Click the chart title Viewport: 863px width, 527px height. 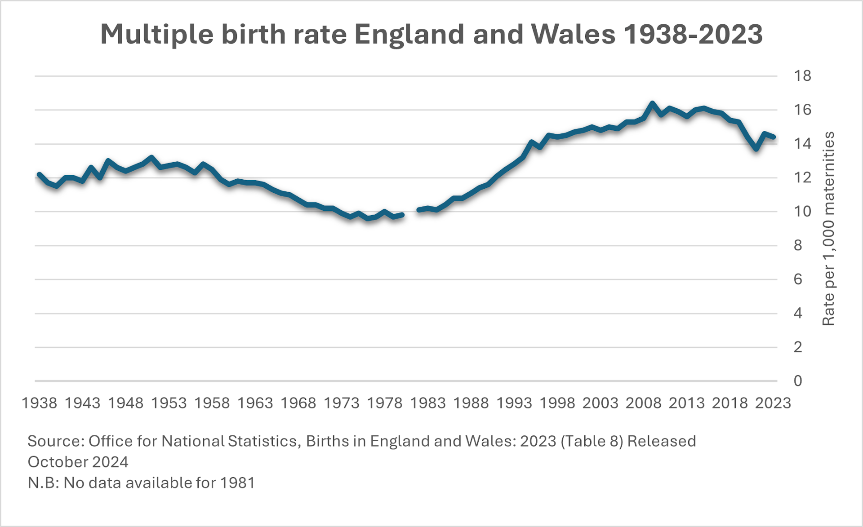point(431,34)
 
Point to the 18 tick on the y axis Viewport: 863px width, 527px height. point(802,76)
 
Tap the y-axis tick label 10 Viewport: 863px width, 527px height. point(802,212)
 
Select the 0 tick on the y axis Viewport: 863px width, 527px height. point(798,381)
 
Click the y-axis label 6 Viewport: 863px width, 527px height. point(798,279)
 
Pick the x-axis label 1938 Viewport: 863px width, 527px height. point(40,403)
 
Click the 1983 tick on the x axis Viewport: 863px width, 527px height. point(427,403)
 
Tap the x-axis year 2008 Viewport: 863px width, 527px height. point(643,403)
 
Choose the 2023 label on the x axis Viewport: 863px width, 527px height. point(773,403)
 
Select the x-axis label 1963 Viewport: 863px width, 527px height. point(255,403)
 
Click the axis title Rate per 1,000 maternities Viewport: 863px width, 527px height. point(828,228)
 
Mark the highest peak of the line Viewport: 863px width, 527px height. point(652,103)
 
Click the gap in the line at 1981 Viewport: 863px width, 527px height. point(411,213)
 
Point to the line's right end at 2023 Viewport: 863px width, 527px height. point(773,137)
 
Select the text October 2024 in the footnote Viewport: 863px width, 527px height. point(78,462)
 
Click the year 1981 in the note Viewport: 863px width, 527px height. point(237,483)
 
